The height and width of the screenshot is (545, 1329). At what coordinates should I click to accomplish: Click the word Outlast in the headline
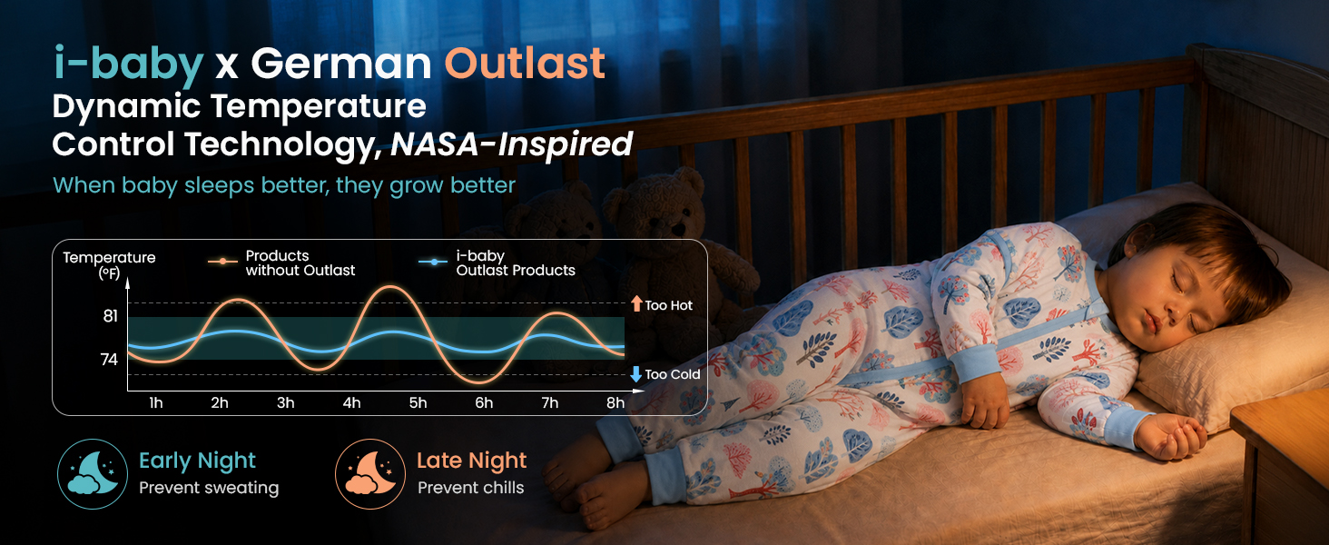pyautogui.click(x=525, y=63)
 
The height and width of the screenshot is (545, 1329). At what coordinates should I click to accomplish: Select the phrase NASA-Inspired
pyautogui.click(x=511, y=144)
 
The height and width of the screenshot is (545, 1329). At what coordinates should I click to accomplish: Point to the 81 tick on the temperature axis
pyautogui.click(x=111, y=316)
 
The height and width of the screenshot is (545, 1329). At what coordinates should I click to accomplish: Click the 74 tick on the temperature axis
pyautogui.click(x=109, y=359)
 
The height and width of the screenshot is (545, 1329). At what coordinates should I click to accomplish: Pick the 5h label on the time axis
pyautogui.click(x=418, y=402)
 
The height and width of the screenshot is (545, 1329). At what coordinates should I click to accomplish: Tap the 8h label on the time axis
pyautogui.click(x=615, y=402)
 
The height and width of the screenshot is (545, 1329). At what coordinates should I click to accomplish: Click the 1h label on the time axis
pyautogui.click(x=156, y=402)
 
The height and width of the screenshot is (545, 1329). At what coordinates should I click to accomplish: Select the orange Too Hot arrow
pyautogui.click(x=636, y=303)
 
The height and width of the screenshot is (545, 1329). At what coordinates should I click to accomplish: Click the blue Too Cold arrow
pyautogui.click(x=636, y=374)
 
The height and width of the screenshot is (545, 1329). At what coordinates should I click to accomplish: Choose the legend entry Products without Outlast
pyautogui.click(x=281, y=263)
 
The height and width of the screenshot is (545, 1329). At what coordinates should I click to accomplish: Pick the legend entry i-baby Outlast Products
pyautogui.click(x=497, y=263)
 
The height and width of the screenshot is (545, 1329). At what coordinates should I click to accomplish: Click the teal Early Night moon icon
pyautogui.click(x=93, y=474)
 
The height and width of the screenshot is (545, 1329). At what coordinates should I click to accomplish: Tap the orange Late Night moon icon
pyautogui.click(x=370, y=474)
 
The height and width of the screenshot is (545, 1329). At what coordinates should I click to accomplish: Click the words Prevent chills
pyautogui.click(x=471, y=488)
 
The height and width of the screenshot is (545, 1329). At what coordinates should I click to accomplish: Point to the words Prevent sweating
pyautogui.click(x=209, y=488)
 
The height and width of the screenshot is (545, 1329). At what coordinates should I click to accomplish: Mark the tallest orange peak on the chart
pyautogui.click(x=390, y=287)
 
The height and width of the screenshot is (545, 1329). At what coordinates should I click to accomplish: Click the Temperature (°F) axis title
pyautogui.click(x=109, y=265)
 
